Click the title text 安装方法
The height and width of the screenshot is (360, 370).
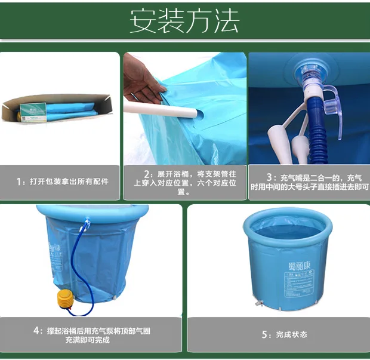coord(184,21)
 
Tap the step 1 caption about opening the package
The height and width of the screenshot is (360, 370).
coord(62,181)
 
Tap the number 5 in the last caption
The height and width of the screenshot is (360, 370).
coord(264,334)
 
